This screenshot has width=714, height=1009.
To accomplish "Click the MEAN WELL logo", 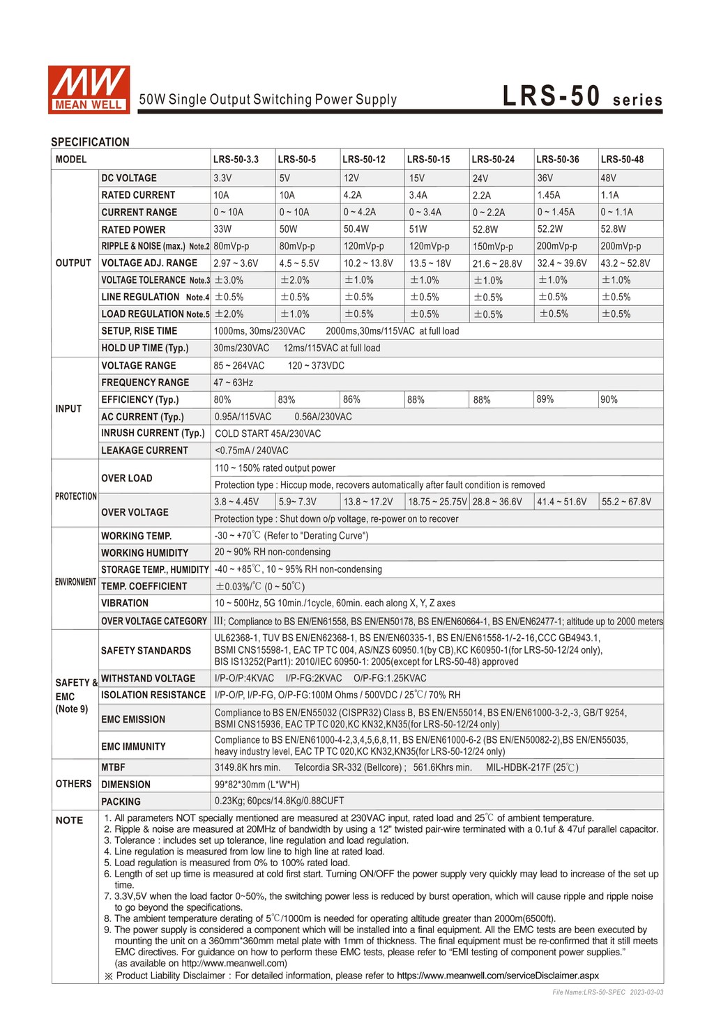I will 89,89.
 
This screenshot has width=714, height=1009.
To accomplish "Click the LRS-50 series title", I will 582,97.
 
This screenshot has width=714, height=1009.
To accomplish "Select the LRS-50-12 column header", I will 363,160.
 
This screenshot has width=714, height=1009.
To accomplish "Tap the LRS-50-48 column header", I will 622,160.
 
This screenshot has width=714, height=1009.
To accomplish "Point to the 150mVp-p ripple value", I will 492,247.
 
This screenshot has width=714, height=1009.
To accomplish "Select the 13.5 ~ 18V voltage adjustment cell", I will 430,263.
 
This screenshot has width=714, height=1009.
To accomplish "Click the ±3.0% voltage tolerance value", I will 229,280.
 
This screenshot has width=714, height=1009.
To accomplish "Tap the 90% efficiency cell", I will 609,399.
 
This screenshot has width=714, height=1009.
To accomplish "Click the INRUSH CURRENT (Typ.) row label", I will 153,433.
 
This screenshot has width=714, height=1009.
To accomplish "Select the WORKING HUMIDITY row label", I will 144,553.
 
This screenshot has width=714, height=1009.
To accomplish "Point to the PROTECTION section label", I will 75,496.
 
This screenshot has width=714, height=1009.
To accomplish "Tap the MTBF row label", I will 113,767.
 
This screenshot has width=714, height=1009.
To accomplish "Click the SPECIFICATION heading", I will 90,142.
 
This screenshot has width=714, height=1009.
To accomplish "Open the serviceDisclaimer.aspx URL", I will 497,976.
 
